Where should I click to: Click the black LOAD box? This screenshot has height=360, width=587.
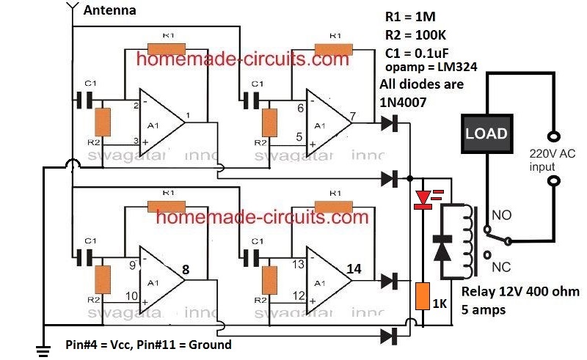click(486, 133)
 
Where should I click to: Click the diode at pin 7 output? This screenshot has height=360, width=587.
click(389, 125)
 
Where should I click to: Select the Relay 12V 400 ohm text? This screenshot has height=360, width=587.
click(519, 292)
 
